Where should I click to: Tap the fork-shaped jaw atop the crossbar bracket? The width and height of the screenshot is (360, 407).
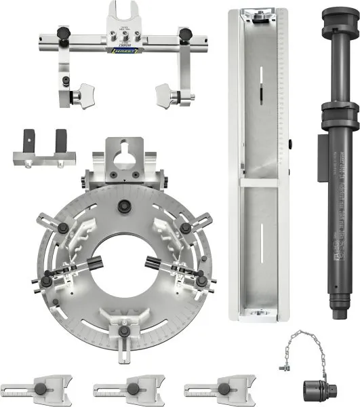124,16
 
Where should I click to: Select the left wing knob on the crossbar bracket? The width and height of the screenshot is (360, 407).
84,93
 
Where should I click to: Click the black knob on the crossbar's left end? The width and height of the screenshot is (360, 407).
63,33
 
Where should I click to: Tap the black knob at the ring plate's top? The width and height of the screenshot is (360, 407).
123,207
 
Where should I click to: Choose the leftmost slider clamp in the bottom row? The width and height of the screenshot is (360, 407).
41,389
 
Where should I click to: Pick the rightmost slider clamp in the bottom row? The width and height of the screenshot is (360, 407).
219,389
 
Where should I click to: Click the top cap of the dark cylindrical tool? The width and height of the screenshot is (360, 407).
339,17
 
